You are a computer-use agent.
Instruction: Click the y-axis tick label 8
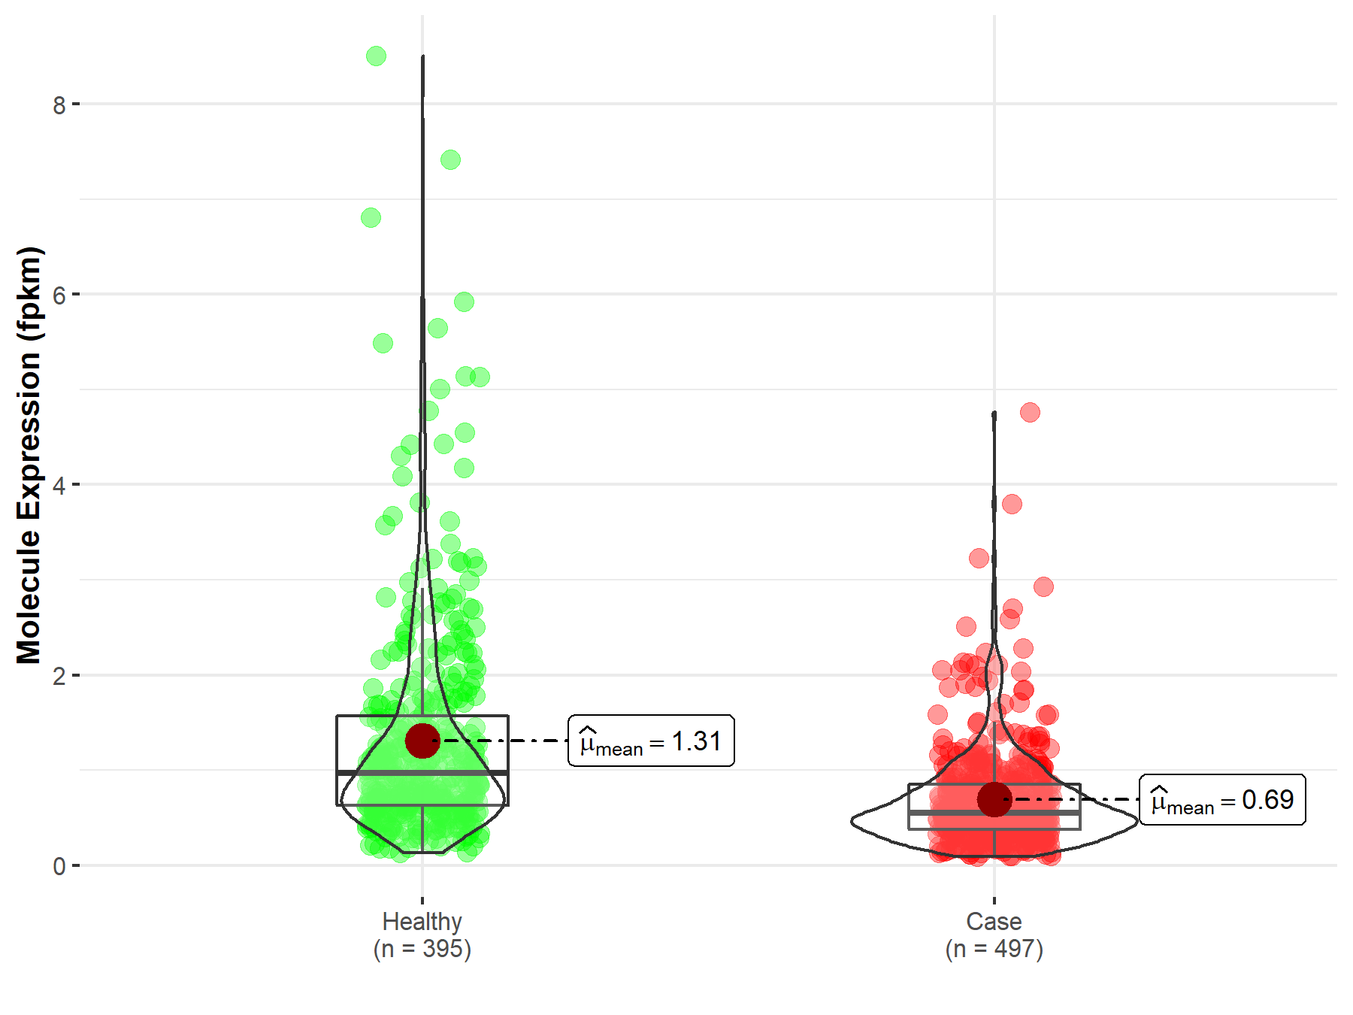(59, 105)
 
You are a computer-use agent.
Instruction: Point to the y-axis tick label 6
(59, 295)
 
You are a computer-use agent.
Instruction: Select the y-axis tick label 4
(59, 486)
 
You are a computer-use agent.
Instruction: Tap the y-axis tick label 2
(59, 676)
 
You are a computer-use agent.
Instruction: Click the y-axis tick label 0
(59, 867)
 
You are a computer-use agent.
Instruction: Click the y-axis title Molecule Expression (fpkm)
(29, 456)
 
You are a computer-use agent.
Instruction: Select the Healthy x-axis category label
(422, 921)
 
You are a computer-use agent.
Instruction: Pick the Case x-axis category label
(994, 921)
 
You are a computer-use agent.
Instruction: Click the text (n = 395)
(422, 949)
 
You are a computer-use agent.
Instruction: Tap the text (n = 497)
(994, 949)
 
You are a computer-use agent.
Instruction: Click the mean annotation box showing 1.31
(651, 741)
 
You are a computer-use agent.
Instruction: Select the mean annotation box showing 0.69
(1222, 800)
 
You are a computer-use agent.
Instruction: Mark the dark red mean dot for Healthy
(422, 741)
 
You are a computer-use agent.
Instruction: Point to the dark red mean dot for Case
(994, 799)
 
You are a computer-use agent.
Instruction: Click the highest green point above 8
(376, 56)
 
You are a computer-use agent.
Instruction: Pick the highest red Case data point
(1030, 412)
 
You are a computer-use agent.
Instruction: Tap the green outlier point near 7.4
(450, 159)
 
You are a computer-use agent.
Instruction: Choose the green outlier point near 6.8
(371, 218)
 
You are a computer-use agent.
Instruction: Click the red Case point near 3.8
(1012, 504)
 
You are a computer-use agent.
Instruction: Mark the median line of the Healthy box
(422, 772)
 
